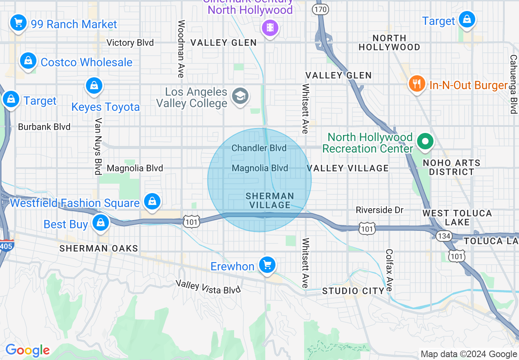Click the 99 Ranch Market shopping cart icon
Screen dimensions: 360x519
tap(18, 22)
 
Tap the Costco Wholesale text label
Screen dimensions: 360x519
tap(86, 62)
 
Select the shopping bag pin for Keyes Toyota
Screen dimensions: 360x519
tap(94, 86)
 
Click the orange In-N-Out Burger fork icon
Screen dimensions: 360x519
tap(417, 84)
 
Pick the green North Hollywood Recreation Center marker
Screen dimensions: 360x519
tap(425, 142)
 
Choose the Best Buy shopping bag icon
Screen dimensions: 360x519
tap(100, 223)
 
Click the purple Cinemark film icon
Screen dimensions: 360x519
tap(270, 27)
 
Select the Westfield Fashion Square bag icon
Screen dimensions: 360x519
tap(152, 201)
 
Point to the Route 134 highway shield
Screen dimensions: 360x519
tap(444, 236)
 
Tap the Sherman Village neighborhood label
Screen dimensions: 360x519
tap(270, 200)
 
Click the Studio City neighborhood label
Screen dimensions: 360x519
tap(353, 291)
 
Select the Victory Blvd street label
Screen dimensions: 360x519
tap(130, 43)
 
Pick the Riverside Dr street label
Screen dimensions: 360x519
tap(379, 210)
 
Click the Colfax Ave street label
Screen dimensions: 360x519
tap(389, 270)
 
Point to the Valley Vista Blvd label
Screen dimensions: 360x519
tap(208, 287)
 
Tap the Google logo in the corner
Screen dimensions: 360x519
tap(27, 351)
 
